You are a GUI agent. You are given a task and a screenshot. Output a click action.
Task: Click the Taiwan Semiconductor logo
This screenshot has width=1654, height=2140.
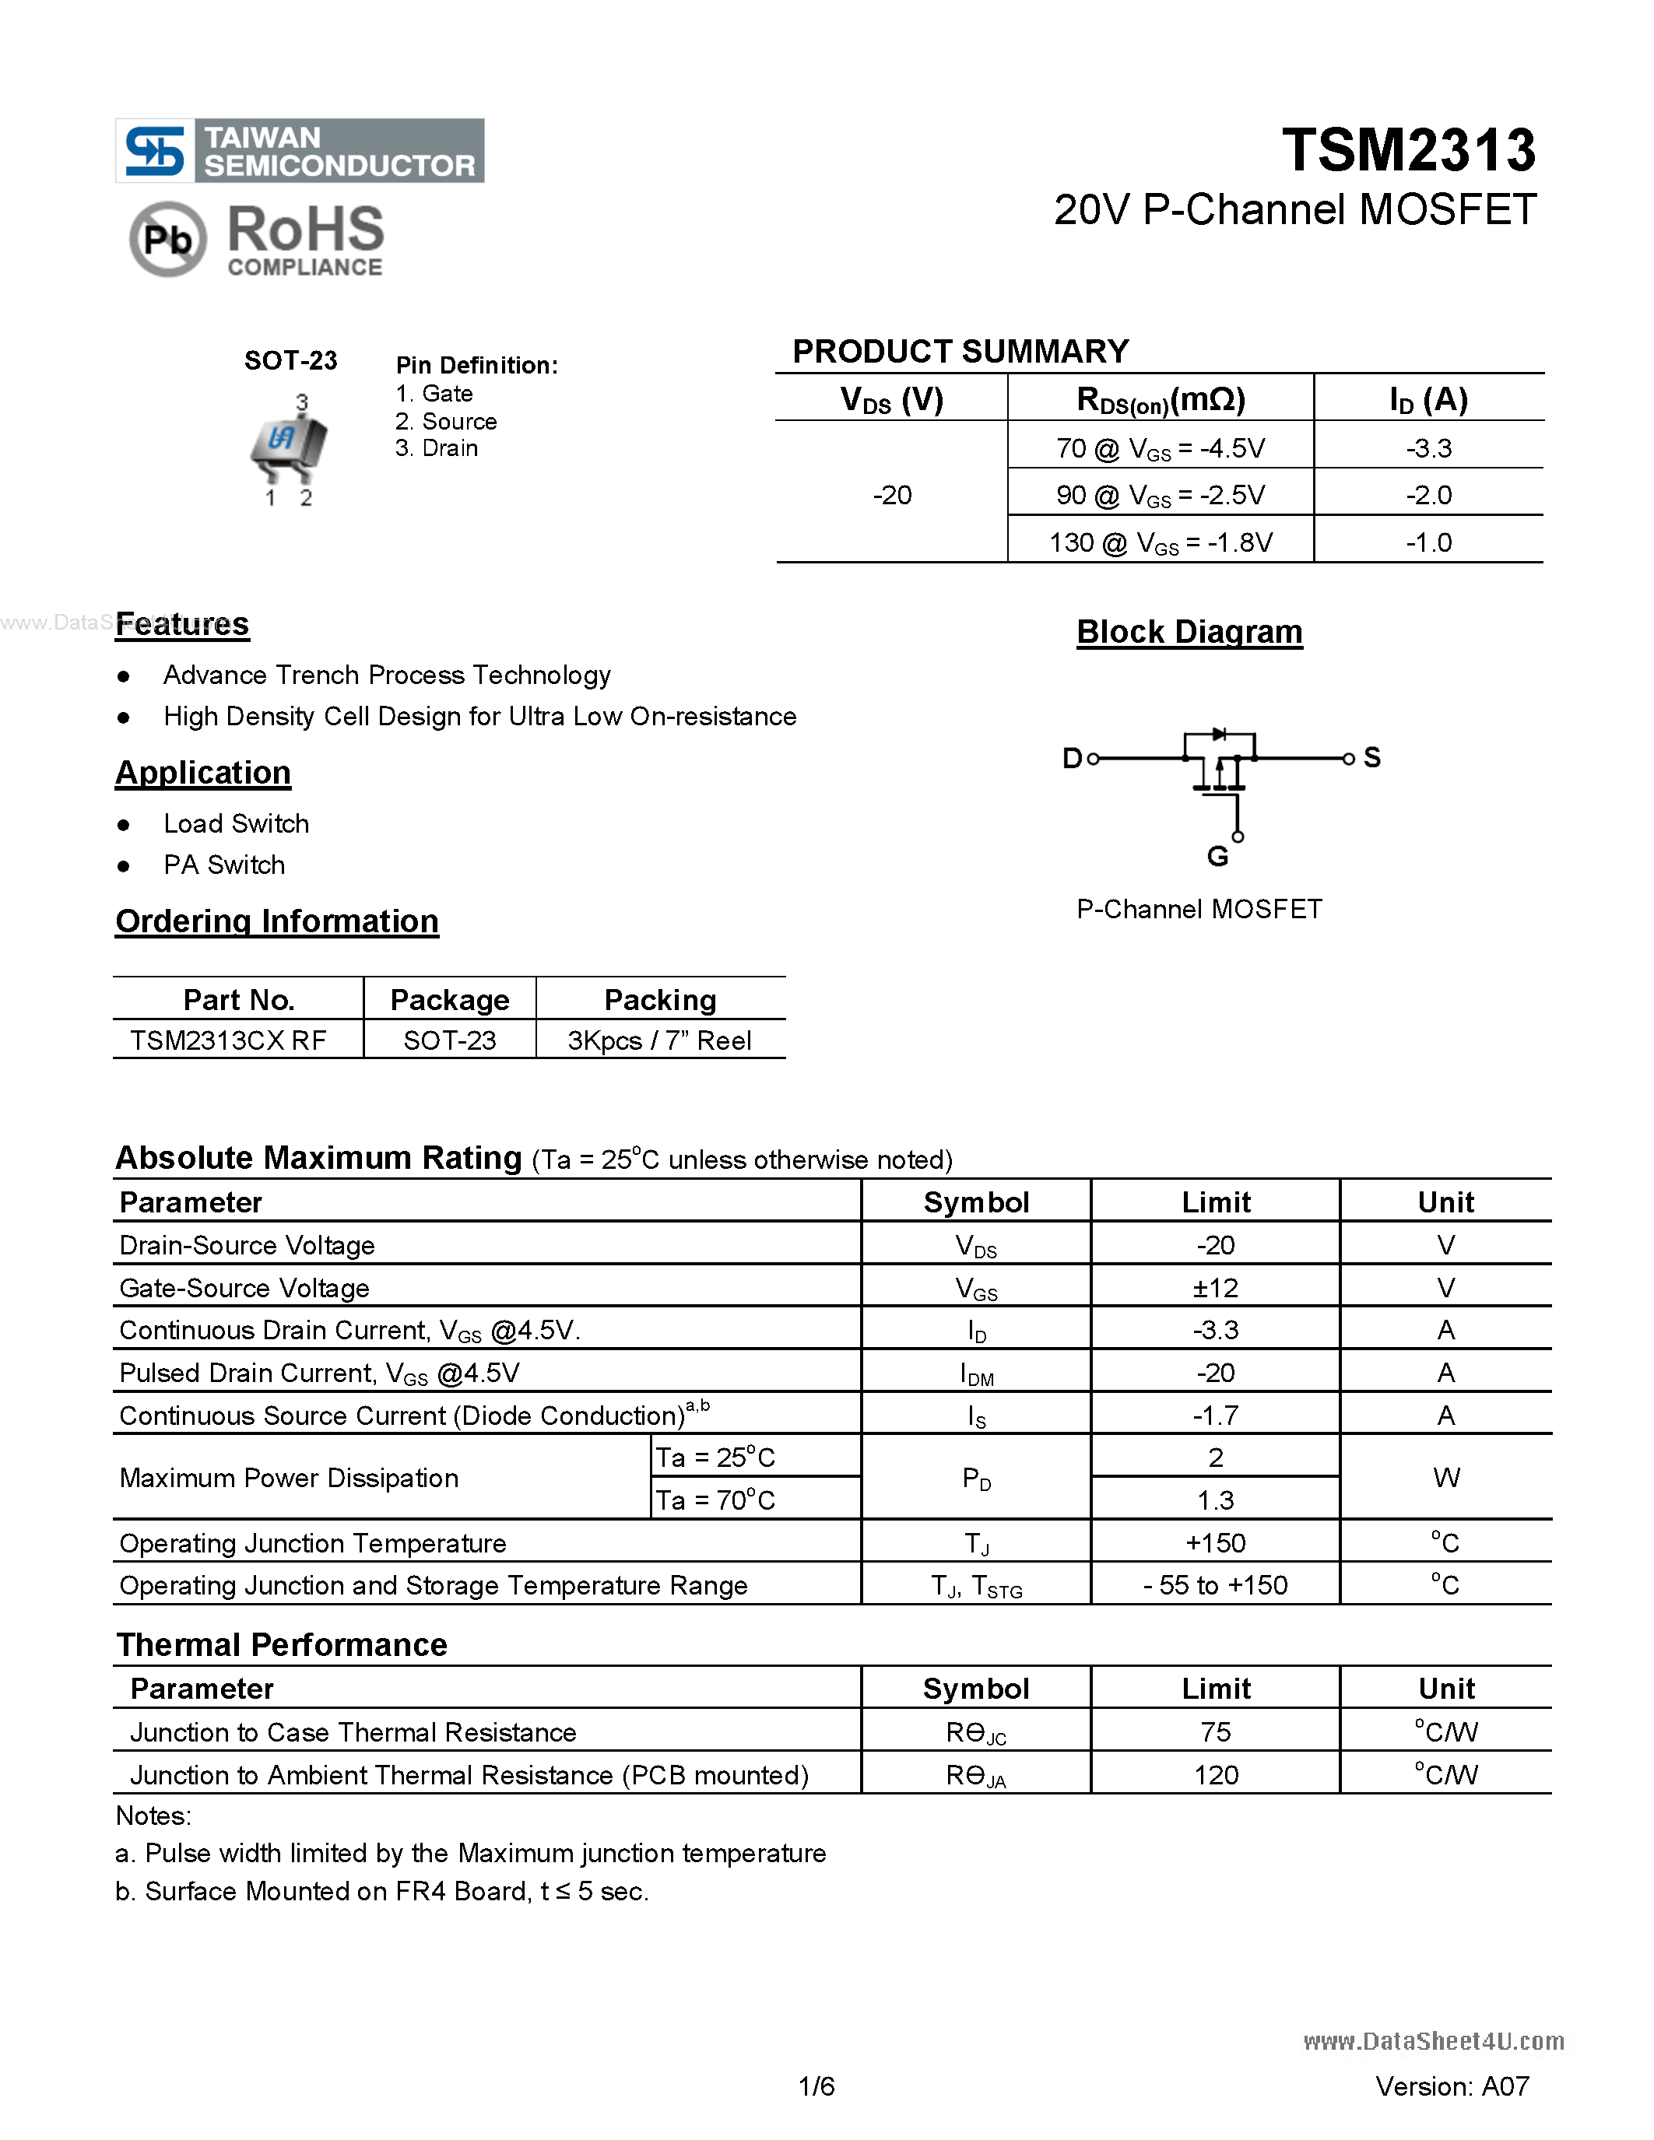coord(299,151)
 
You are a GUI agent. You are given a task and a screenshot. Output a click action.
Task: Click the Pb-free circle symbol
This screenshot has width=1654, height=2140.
coord(167,239)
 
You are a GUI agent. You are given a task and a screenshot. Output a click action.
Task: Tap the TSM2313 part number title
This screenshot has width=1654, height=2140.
coord(1408,150)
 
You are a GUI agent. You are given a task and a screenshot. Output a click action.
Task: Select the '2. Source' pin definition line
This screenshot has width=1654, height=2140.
coord(446,421)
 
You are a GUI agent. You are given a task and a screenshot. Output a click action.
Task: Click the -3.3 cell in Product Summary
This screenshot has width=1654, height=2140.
coord(1427,447)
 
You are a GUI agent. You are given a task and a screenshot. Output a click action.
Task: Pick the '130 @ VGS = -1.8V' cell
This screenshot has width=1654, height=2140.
coord(1161,542)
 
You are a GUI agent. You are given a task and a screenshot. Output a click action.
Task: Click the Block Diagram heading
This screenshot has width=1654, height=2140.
coord(1189,632)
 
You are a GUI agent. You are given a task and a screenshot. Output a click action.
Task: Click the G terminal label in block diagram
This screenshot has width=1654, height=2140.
coord(1217,857)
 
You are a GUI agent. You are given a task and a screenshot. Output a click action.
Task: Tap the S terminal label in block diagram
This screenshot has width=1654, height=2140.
coord(1371,757)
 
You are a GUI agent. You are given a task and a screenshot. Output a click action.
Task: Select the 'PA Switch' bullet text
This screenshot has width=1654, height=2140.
coord(224,865)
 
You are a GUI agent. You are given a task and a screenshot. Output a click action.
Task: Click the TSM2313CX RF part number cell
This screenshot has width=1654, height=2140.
coord(228,1040)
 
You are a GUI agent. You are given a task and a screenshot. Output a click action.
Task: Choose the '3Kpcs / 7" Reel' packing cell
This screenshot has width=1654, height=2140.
coord(659,1040)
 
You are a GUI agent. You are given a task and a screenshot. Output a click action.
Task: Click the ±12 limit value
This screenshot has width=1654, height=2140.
coord(1215,1288)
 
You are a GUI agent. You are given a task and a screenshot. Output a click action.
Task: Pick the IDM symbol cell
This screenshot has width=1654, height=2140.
coord(976,1373)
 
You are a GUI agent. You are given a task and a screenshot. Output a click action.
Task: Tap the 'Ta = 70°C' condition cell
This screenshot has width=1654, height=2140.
coord(715,1500)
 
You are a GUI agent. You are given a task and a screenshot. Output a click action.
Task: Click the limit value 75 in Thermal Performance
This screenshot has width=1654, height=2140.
coord(1215,1731)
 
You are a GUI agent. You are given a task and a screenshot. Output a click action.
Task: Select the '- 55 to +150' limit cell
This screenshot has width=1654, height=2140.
coord(1215,1584)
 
